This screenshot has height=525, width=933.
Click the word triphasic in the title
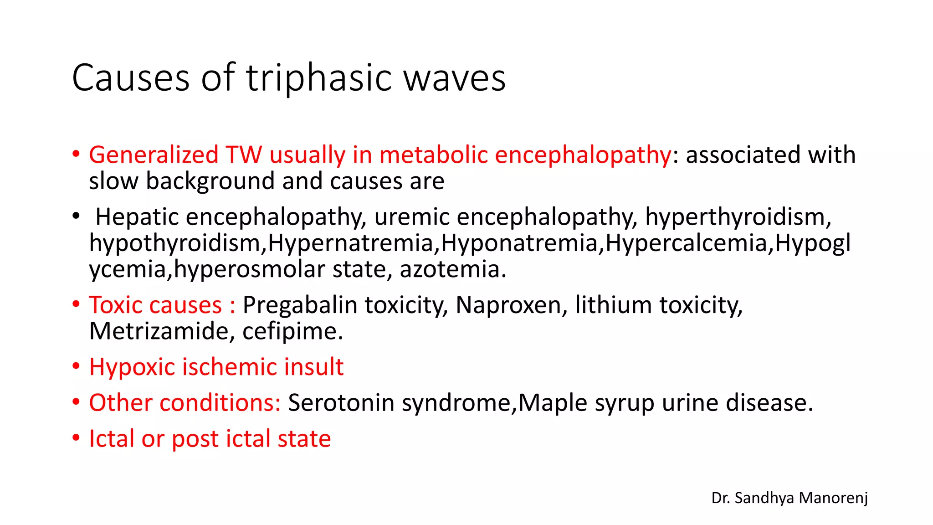point(319,78)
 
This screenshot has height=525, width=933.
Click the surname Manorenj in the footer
point(833,498)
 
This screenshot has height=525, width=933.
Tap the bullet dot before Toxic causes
point(76,304)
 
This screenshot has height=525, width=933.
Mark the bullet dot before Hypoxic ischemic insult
point(76,367)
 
